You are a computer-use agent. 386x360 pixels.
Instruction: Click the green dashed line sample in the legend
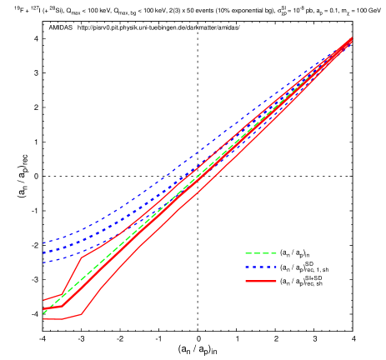pos(260,253)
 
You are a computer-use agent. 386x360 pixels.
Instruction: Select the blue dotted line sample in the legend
pos(260,267)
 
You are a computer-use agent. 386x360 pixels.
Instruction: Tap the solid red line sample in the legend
pos(260,282)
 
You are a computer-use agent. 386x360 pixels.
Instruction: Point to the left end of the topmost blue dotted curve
pos(43,243)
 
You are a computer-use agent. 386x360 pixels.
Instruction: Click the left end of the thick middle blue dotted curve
pos(43,252)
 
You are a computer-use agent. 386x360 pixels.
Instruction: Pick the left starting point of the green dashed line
pos(43,312)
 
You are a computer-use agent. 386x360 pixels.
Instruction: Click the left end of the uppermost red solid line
pos(43,300)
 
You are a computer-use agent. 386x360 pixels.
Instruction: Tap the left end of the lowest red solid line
pos(43,319)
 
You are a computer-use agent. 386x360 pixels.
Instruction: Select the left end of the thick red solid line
pos(43,308)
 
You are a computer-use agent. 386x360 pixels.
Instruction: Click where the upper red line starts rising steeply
pos(62,294)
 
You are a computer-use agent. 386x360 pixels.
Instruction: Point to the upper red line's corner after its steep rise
pos(82,258)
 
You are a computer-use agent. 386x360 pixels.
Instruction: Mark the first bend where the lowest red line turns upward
pos(82,314)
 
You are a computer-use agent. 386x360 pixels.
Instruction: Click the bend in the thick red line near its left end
pos(63,307)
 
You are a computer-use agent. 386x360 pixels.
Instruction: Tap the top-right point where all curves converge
pos(351,38)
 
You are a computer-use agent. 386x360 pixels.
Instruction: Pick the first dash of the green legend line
pos(248,253)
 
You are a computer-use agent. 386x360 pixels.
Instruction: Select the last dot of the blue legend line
pos(274,267)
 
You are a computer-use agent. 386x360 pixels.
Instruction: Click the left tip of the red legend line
pos(245,282)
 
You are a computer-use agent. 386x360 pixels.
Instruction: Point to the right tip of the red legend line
pos(276,282)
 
